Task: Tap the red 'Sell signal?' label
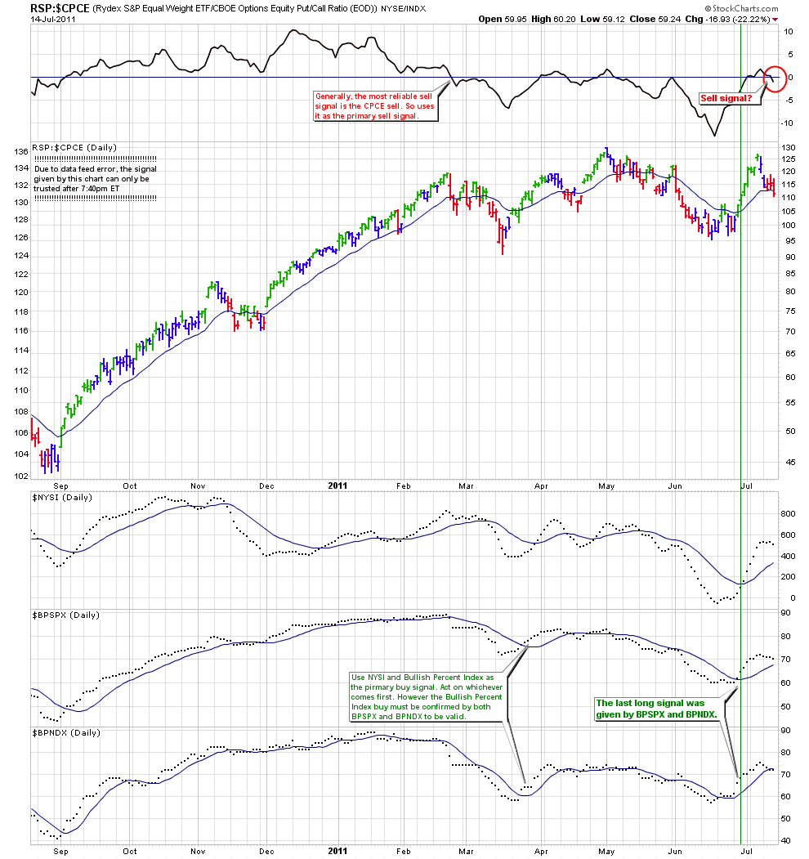tap(726, 98)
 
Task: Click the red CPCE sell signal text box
tap(375, 105)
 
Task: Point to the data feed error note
tap(95, 178)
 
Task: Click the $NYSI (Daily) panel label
tap(61, 497)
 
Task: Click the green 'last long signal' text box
tap(655, 708)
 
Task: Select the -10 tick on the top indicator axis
tap(789, 123)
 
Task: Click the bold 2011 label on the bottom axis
tap(337, 851)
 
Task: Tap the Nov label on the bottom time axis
tap(199, 851)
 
